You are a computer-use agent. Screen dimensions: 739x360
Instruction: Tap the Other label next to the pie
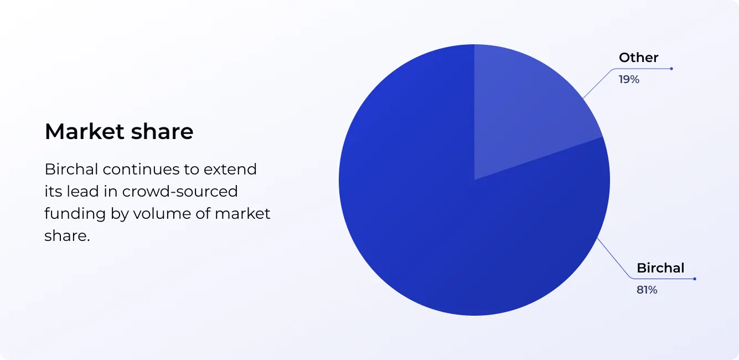(x=638, y=58)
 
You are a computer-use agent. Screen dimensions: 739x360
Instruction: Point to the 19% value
(x=629, y=80)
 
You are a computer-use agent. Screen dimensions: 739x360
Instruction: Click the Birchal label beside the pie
(x=660, y=268)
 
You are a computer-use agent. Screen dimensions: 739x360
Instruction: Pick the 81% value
(x=647, y=290)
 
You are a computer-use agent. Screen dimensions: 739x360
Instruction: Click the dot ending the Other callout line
(x=671, y=69)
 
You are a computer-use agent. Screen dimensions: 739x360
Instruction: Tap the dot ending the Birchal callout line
(x=695, y=279)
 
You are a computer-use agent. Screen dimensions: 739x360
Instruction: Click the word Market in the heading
(x=85, y=131)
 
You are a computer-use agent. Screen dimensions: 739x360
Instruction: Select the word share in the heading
(x=162, y=131)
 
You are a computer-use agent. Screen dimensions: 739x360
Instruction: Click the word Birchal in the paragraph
(x=71, y=169)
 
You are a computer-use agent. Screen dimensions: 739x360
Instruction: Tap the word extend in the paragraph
(x=230, y=169)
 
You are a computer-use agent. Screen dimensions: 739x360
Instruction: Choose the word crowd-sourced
(x=180, y=192)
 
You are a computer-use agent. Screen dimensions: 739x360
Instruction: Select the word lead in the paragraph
(x=83, y=192)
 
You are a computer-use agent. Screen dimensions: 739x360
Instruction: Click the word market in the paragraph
(x=242, y=213)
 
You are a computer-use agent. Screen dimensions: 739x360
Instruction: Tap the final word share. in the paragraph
(x=67, y=236)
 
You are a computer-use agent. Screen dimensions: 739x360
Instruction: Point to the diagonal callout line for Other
(x=598, y=84)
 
